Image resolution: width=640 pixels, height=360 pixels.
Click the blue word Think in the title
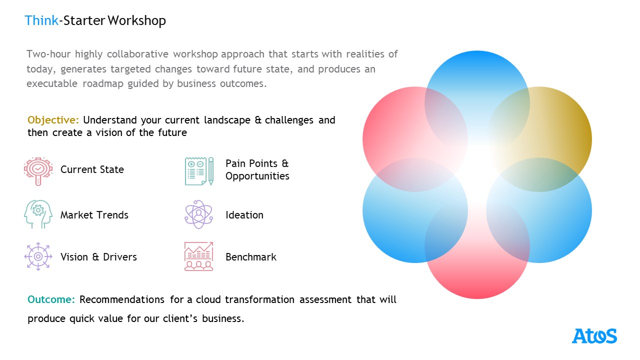41,20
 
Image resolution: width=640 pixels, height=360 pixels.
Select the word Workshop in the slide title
136,21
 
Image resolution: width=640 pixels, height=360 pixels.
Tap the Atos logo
594,336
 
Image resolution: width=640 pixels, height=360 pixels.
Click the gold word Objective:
53,120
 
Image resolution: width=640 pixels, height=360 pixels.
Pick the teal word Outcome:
51,299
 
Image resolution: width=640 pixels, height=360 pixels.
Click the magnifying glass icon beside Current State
38,171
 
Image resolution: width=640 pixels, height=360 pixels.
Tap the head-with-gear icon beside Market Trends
38,214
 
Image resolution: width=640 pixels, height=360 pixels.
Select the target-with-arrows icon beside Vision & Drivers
38,256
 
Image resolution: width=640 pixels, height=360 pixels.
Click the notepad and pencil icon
199,171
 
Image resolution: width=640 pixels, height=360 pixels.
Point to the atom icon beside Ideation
199,214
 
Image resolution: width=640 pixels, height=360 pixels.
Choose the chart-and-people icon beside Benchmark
199,256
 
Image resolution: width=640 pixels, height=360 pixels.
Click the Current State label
92,169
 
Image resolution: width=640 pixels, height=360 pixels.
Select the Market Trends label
94,215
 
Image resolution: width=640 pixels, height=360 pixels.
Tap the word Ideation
244,215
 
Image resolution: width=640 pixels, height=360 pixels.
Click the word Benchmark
251,257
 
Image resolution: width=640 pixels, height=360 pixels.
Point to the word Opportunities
257,176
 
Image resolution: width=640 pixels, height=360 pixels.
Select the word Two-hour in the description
48,54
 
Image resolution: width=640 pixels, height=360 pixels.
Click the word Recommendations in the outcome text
122,299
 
